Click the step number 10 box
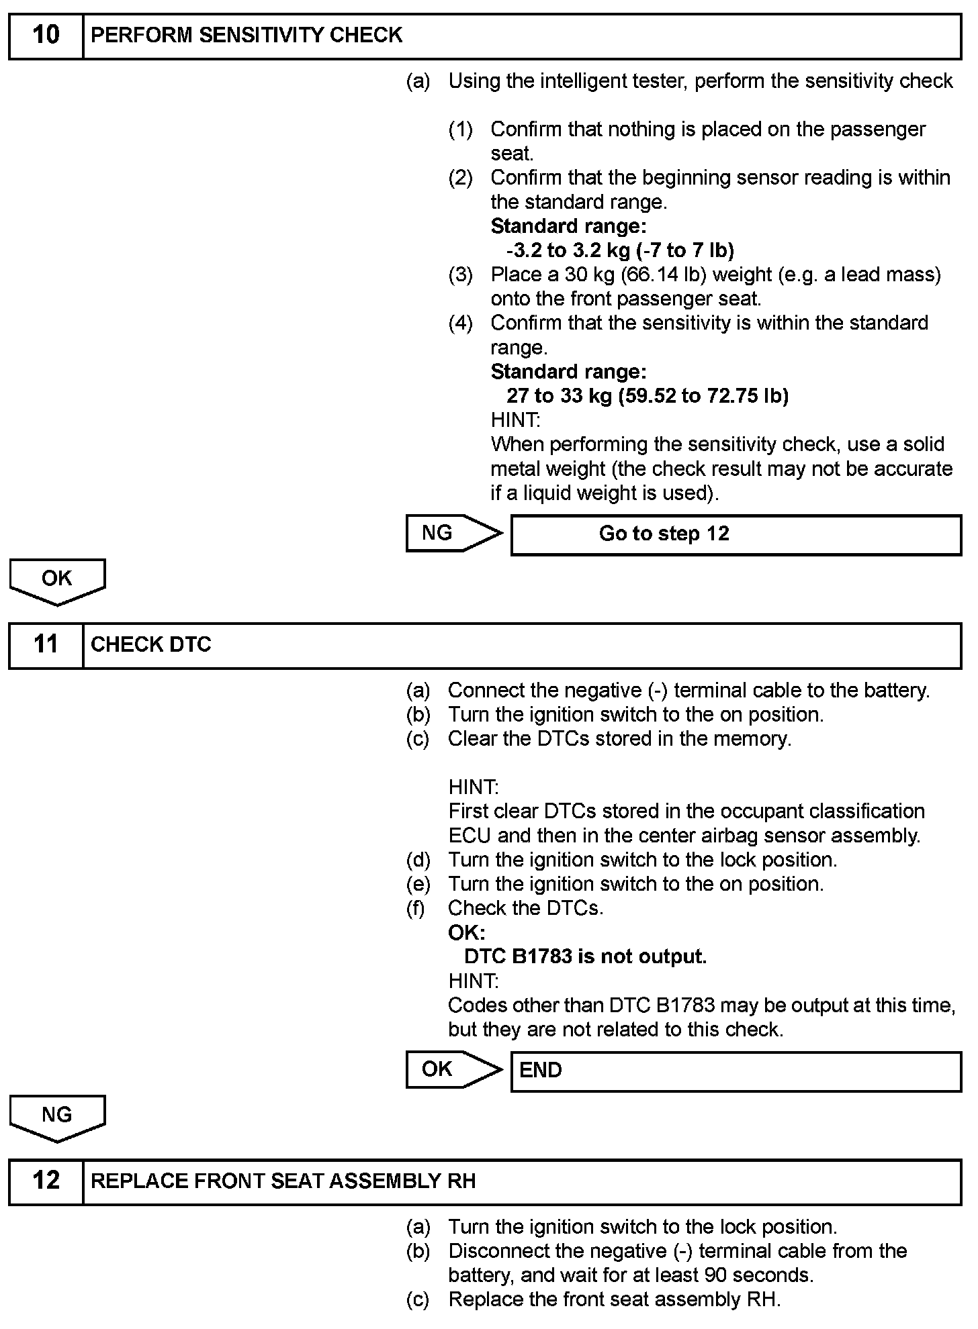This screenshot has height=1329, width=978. [46, 36]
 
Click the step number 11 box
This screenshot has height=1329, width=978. [46, 645]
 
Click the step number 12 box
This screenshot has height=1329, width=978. [46, 1181]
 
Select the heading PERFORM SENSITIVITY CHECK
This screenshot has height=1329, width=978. [247, 36]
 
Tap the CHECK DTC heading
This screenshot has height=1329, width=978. [151, 645]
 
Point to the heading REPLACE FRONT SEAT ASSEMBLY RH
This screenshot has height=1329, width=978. [283, 1181]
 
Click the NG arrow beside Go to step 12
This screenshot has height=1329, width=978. [453, 534]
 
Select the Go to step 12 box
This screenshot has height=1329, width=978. [736, 534]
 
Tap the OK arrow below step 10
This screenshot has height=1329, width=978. [57, 581]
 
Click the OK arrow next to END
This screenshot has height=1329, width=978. [453, 1069]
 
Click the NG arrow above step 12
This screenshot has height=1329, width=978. [57, 1117]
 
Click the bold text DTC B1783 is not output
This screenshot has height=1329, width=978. [585, 956]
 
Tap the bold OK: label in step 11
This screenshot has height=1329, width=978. [466, 932]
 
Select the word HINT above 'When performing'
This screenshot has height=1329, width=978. [515, 421]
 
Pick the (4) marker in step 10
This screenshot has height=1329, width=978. [461, 324]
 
